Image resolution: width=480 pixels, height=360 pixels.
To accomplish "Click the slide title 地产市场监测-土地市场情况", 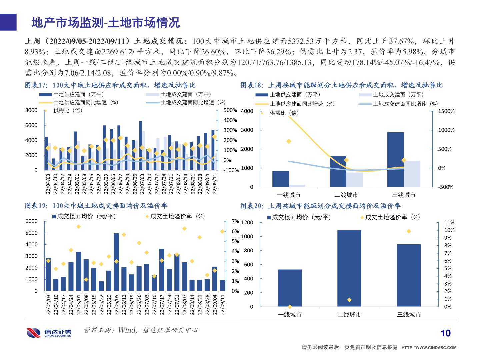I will (105, 23).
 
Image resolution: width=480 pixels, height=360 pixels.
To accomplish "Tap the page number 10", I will (445, 333).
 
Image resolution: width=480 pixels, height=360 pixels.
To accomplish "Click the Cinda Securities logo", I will (49, 332).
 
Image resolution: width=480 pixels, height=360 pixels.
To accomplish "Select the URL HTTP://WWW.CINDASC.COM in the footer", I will (429, 348).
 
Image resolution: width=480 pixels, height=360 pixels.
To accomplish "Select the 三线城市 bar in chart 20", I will (409, 275).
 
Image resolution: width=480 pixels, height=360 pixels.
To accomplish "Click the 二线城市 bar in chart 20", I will (349, 268).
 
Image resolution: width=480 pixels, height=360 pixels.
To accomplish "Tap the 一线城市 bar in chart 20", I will (290, 288).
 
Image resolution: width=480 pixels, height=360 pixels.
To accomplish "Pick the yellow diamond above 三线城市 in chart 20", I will (409, 231).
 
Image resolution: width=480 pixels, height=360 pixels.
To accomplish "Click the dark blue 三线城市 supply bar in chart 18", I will (395, 159).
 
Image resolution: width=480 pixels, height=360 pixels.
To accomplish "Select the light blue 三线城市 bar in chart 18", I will (412, 174).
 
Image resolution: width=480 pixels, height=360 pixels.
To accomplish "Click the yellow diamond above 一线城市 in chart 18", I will (289, 141).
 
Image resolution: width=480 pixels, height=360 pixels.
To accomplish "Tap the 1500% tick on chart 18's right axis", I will (446, 111).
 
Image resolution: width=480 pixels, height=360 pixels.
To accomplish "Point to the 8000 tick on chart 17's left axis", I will (31, 110).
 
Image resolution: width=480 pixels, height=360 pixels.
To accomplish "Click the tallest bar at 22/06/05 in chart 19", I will (116, 262).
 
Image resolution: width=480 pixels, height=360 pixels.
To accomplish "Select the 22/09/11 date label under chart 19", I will (222, 304).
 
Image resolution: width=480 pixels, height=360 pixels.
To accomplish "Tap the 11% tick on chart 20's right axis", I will (449, 223).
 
